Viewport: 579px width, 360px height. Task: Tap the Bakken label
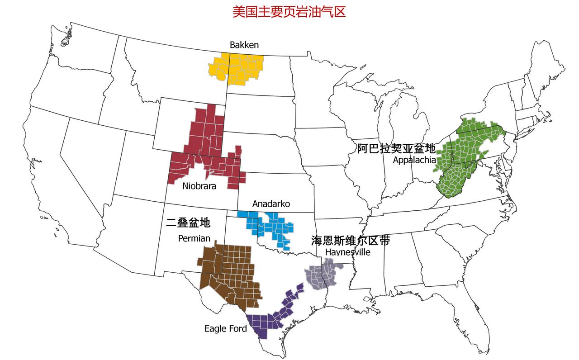[244, 44]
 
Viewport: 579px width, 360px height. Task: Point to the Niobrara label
[199, 186]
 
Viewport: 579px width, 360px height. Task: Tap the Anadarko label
[271, 204]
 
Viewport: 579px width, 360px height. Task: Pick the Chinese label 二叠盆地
[188, 223]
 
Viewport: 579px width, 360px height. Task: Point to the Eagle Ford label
[225, 328]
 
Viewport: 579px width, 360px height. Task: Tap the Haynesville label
[347, 252]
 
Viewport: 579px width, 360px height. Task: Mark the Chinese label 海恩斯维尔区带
[351, 240]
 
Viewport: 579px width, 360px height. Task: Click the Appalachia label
[414, 160]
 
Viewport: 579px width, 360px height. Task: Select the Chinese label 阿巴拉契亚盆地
[396, 148]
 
